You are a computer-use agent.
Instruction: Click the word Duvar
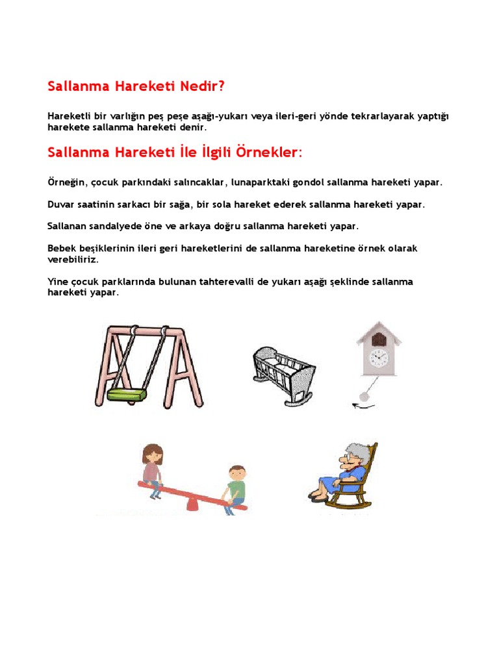[62, 204]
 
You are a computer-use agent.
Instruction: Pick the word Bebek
[62, 248]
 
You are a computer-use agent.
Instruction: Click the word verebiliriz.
[73, 258]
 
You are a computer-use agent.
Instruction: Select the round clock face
[378, 357]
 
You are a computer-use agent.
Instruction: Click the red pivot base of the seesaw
[194, 503]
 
